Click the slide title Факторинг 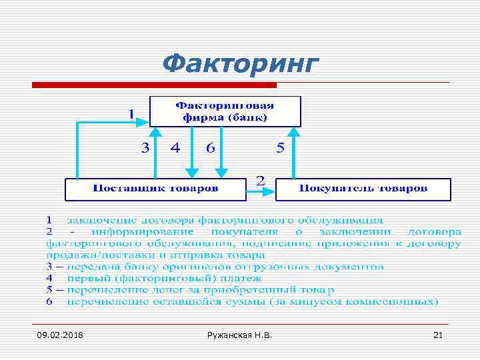[241, 64]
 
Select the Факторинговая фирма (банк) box [225, 111]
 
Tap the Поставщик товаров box [155, 189]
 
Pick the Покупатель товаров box [363, 189]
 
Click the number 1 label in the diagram [132, 113]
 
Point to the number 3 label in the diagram [145, 148]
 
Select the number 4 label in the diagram [175, 148]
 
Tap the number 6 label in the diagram [210, 148]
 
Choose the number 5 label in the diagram [280, 148]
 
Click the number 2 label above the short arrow [260, 180]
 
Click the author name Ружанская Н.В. [240, 334]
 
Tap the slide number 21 [437, 334]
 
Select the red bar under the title [155, 85]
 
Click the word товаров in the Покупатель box [403, 189]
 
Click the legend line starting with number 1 [213, 219]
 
